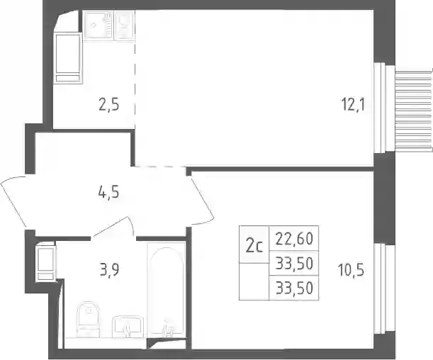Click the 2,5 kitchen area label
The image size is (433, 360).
point(109,105)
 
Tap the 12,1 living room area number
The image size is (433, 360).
point(353,105)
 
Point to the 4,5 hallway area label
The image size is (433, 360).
point(108,192)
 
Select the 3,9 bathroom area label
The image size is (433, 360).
point(109,270)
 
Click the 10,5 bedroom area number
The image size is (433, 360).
point(351,270)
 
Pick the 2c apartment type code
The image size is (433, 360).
point(254,246)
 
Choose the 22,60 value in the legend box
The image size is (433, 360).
point(294,239)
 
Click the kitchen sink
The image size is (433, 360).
point(98,26)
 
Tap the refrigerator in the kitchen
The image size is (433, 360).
point(67,58)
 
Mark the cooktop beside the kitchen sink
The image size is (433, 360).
point(124,25)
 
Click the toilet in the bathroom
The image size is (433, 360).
point(89,320)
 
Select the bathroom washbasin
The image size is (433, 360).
point(128,327)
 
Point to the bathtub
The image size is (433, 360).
point(166,290)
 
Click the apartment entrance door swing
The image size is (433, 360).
point(13,201)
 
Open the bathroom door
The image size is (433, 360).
point(113,227)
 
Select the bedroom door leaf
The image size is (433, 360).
point(201,199)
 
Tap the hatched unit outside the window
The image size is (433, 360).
point(413,111)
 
